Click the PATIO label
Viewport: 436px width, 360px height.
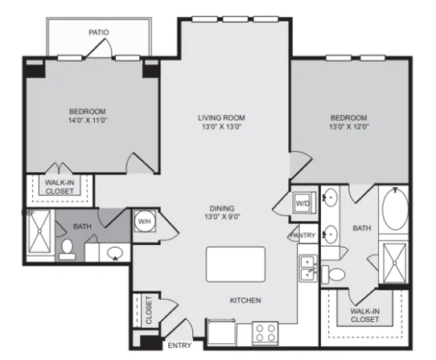pos(99,32)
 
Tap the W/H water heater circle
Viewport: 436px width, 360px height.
pos(145,222)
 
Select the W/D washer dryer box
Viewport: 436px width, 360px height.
pos(305,202)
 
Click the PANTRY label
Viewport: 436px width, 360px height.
pos(302,235)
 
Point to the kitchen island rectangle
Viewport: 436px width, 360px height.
pos(236,264)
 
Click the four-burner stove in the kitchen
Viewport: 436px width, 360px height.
pos(265,333)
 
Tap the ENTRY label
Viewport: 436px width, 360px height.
pos(179,346)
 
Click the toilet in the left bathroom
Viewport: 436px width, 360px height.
pos(67,250)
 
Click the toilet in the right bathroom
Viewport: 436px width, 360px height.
pos(334,274)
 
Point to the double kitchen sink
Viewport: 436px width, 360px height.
pos(308,268)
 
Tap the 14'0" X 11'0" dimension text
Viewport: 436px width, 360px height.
pos(88,121)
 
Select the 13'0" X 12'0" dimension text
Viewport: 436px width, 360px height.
pos(349,127)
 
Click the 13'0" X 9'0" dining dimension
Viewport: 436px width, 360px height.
pos(222,217)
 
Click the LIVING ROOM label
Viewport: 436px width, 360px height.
pos(221,118)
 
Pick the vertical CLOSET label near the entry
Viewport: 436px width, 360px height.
pos(149,309)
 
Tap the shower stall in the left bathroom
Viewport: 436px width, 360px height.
pos(39,231)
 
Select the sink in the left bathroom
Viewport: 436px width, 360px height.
pos(115,253)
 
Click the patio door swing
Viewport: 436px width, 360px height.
pos(99,48)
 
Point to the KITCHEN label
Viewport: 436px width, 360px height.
pos(245,301)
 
